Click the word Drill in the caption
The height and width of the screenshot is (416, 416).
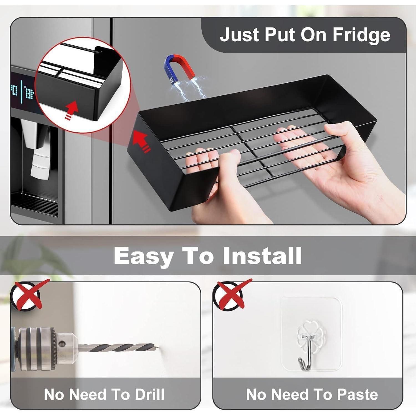pyautogui.click(x=149, y=394)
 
